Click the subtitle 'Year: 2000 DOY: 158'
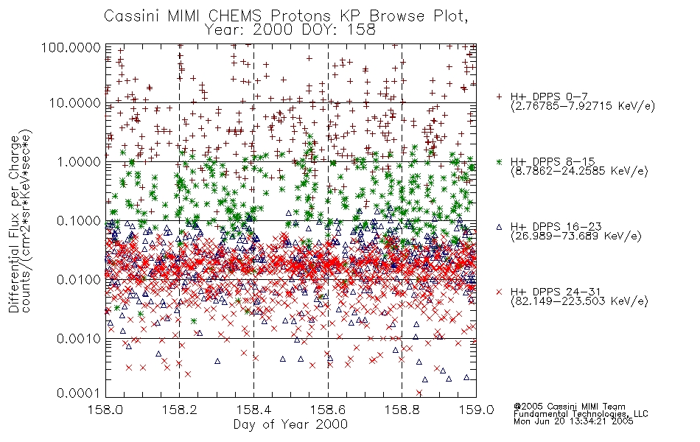point(290,30)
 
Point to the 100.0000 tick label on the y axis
point(71,47)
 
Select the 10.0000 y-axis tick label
point(74,103)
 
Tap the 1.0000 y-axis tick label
point(78,161)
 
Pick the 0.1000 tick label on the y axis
point(78,220)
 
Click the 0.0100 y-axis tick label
point(78,279)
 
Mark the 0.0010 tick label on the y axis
point(78,338)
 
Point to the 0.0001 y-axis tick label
point(78,393)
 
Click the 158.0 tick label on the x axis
point(106,410)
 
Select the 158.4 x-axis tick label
point(253,410)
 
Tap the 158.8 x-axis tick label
point(402,410)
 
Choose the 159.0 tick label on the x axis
point(476,410)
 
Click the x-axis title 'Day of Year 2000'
point(290,424)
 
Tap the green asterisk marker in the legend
point(499,161)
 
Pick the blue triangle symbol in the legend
point(499,227)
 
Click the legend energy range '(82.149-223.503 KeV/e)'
point(579,301)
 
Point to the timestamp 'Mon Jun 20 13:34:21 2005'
point(573,421)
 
